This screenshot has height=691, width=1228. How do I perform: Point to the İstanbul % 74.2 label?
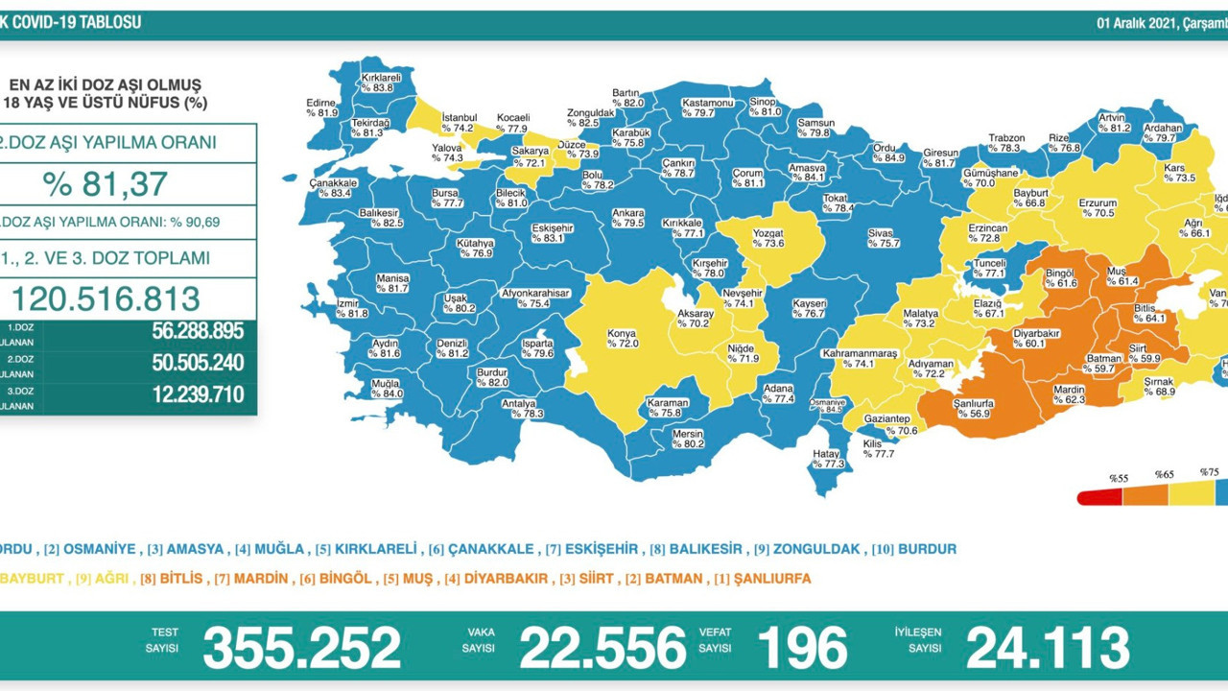pyautogui.click(x=458, y=122)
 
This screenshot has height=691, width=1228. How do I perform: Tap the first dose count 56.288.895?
pyautogui.click(x=197, y=332)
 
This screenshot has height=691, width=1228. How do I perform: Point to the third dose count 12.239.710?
pyautogui.click(x=197, y=394)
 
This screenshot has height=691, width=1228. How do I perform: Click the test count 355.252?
pyautogui.click(x=301, y=648)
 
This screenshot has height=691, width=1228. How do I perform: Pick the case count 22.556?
pyautogui.click(x=602, y=648)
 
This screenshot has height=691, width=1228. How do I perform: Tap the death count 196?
pyautogui.click(x=802, y=648)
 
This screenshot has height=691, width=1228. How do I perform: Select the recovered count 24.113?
pyautogui.click(x=1047, y=648)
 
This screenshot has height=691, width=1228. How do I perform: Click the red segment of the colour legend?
pyautogui.click(x=1099, y=497)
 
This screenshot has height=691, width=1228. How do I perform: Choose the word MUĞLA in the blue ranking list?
pyautogui.click(x=278, y=549)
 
